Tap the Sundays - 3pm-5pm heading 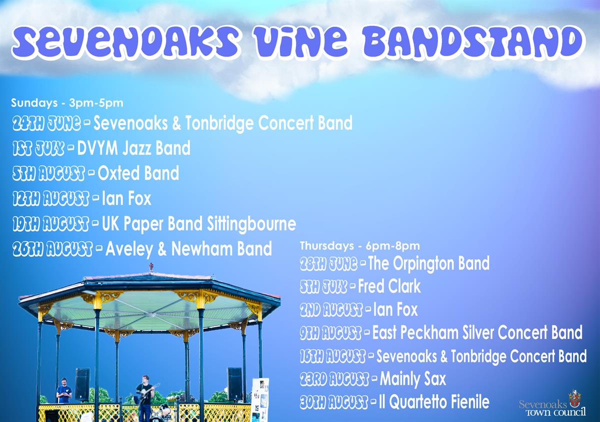click(67, 103)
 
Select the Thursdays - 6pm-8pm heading click(359, 246)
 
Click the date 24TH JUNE click(46, 124)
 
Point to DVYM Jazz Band click(133, 148)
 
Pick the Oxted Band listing click(138, 173)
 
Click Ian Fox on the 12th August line click(126, 198)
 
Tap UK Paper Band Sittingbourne click(199, 224)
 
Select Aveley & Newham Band click(188, 249)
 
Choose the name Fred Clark click(389, 286)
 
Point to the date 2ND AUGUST click(331, 310)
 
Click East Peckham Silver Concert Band click(477, 333)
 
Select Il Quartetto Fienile click(434, 402)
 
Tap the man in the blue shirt click(64, 391)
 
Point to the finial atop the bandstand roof click(151, 267)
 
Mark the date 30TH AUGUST click(334, 403)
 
